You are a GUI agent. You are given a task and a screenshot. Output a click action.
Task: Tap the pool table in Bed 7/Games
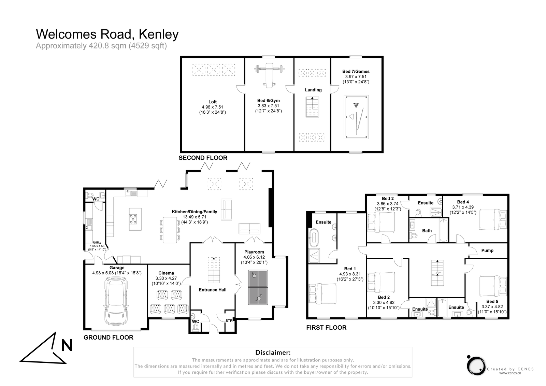coord(356,117)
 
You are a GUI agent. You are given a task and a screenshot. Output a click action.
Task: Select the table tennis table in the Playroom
coord(258,287)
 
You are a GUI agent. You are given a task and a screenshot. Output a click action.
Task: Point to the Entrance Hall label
coord(213,290)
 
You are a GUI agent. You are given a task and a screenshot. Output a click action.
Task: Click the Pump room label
coord(487,251)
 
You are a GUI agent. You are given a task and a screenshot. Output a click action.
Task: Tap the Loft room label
coord(212,102)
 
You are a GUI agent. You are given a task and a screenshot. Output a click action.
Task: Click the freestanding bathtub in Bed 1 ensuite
coord(313,238)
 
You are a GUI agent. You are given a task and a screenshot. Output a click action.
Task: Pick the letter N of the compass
coord(67,345)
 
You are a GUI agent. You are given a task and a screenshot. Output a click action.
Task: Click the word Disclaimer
coord(273,352)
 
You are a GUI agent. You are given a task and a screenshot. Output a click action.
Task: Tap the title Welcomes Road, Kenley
coord(107,34)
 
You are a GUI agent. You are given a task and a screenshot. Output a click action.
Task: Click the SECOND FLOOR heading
coord(203,158)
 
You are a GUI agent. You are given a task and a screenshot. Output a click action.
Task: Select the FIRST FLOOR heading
coord(326,328)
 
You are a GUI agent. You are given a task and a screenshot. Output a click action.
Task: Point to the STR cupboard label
coord(229,321)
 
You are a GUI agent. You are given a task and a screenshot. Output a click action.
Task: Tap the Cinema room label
coord(166,273)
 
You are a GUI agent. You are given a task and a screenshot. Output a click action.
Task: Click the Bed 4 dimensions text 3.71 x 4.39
coord(463,207)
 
